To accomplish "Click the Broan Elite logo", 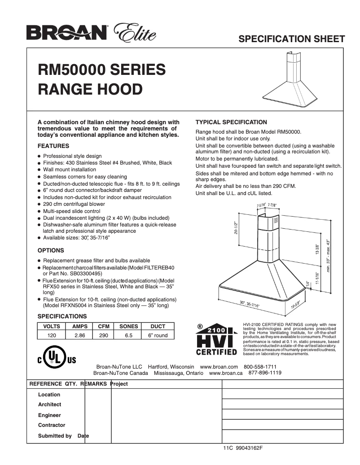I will (91, 32).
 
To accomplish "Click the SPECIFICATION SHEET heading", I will (292, 39).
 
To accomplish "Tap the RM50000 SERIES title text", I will (102, 70).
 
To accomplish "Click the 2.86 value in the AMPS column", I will (80, 335).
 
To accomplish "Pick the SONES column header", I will (128, 326).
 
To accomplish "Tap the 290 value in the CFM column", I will (104, 335).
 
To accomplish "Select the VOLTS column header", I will (51, 326).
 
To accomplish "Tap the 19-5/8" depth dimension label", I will (295, 306).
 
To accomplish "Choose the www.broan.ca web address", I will (226, 373).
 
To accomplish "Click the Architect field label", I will (49, 404).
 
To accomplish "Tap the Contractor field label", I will (52, 425).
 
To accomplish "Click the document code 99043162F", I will (249, 448).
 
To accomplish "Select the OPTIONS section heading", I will (51, 250).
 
